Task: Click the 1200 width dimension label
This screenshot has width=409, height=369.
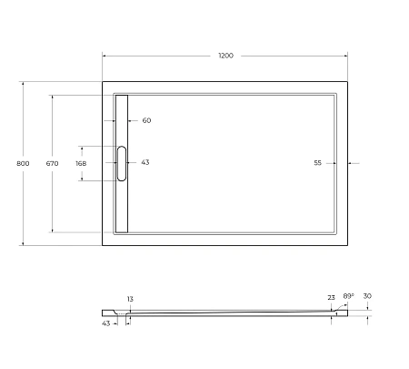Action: (225, 56)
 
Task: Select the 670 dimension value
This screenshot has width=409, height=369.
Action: (52, 164)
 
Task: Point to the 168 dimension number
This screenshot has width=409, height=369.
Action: (80, 164)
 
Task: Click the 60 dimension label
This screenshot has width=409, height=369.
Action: (146, 120)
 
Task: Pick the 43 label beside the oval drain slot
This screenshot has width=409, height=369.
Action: (145, 163)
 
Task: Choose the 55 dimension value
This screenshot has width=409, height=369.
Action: (318, 163)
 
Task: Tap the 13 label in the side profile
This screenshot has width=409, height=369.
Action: (130, 299)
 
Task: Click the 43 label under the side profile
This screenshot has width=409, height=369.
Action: (105, 323)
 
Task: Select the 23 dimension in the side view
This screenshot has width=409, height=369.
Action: (331, 298)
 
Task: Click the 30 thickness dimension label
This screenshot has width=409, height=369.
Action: (366, 296)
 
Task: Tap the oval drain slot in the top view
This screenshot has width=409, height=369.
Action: (121, 164)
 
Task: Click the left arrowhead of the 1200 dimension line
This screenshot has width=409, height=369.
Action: (104, 56)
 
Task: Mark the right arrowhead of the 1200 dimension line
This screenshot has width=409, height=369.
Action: (350, 56)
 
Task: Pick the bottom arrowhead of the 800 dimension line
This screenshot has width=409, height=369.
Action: (23, 243)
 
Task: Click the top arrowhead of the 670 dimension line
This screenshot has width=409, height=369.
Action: (52, 95)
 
